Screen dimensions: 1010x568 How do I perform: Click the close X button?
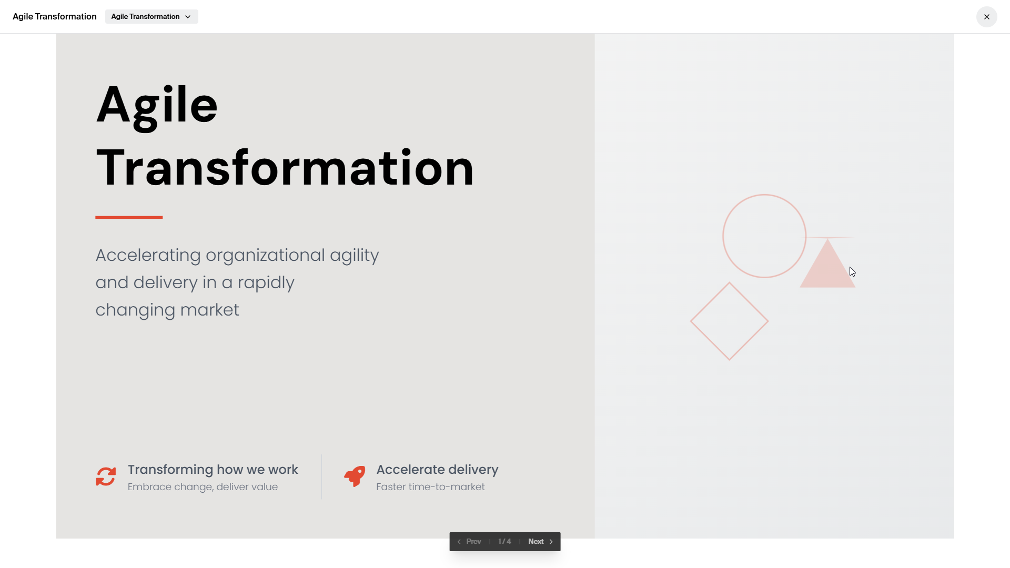tap(986, 17)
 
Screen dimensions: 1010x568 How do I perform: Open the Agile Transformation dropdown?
tap(151, 17)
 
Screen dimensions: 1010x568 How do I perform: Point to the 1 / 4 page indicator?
tap(504, 542)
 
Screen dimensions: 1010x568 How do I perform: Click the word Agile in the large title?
tap(157, 105)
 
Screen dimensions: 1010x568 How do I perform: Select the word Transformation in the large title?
tap(285, 168)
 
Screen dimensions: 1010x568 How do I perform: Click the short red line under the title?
tap(129, 217)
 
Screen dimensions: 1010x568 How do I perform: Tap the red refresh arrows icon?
tap(106, 477)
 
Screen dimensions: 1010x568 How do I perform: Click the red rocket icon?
tap(355, 476)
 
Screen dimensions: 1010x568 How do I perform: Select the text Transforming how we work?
tap(213, 470)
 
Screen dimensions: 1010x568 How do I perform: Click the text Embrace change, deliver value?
tap(203, 487)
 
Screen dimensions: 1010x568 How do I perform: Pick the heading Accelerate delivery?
tap(437, 470)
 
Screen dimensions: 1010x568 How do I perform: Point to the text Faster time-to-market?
tap(430, 487)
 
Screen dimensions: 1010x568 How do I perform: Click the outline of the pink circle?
tap(723, 236)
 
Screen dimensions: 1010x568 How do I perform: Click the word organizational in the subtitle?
tap(265, 256)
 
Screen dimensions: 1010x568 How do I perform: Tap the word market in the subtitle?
tap(210, 310)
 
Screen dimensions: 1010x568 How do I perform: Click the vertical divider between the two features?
tap(321, 476)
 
